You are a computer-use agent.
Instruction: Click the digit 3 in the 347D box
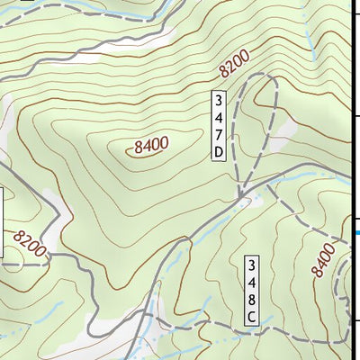(x=218, y=100)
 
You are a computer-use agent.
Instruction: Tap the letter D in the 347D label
(x=218, y=153)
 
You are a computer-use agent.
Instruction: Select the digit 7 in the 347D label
(x=218, y=135)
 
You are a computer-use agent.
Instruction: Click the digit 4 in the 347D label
(x=218, y=118)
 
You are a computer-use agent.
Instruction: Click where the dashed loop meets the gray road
(x=242, y=192)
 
